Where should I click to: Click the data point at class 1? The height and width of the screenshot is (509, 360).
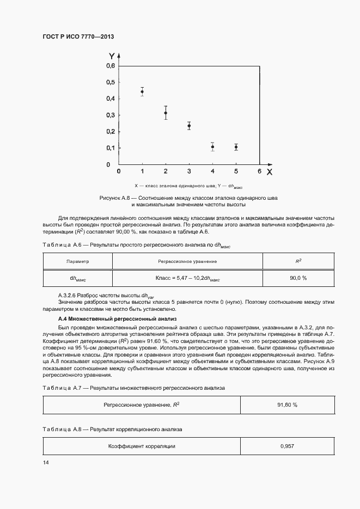[142, 91]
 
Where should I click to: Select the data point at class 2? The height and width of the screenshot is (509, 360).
[166, 113]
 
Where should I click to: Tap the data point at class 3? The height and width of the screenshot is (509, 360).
[189, 126]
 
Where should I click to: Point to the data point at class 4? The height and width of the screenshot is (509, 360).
[212, 146]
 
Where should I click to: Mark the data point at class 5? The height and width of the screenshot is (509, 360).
[236, 147]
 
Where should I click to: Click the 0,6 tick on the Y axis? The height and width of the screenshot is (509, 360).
[111, 66]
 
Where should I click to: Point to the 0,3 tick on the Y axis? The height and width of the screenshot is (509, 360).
[111, 115]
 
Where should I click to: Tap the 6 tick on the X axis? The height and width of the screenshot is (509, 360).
[259, 171]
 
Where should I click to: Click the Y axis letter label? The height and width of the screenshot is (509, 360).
[111, 56]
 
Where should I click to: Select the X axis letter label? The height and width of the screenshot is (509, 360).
[269, 171]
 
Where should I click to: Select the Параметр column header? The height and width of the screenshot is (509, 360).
[77, 261]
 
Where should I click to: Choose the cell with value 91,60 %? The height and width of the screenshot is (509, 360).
[287, 405]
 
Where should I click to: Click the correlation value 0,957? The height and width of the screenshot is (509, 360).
[287, 446]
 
